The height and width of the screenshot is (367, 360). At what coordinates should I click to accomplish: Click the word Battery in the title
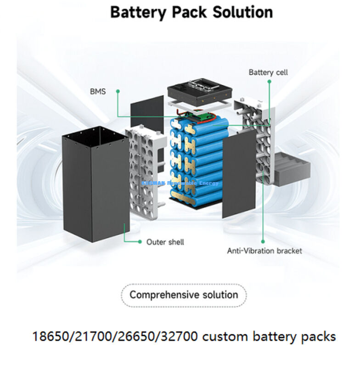click(138, 12)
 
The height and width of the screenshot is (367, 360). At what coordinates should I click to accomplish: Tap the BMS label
click(97, 91)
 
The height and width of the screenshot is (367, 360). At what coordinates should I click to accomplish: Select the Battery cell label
click(268, 72)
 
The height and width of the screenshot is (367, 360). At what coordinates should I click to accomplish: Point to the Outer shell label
click(165, 242)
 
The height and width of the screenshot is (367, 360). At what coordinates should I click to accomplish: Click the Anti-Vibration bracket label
click(264, 251)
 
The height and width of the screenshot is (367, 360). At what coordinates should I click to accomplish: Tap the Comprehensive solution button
click(184, 295)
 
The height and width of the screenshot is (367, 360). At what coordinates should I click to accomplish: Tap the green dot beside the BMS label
click(118, 91)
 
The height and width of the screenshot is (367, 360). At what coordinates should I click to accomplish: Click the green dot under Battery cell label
click(270, 82)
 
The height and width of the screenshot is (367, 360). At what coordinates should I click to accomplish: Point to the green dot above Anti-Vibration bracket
click(263, 241)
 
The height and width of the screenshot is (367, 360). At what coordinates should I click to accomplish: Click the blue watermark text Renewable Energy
click(193, 183)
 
